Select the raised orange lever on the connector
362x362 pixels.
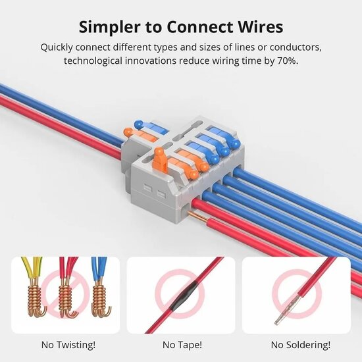click(159, 161)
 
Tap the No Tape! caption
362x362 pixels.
click(181, 344)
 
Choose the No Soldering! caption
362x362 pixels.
click(296, 344)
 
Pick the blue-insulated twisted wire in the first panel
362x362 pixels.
click(99, 270)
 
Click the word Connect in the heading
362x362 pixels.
click(192, 27)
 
